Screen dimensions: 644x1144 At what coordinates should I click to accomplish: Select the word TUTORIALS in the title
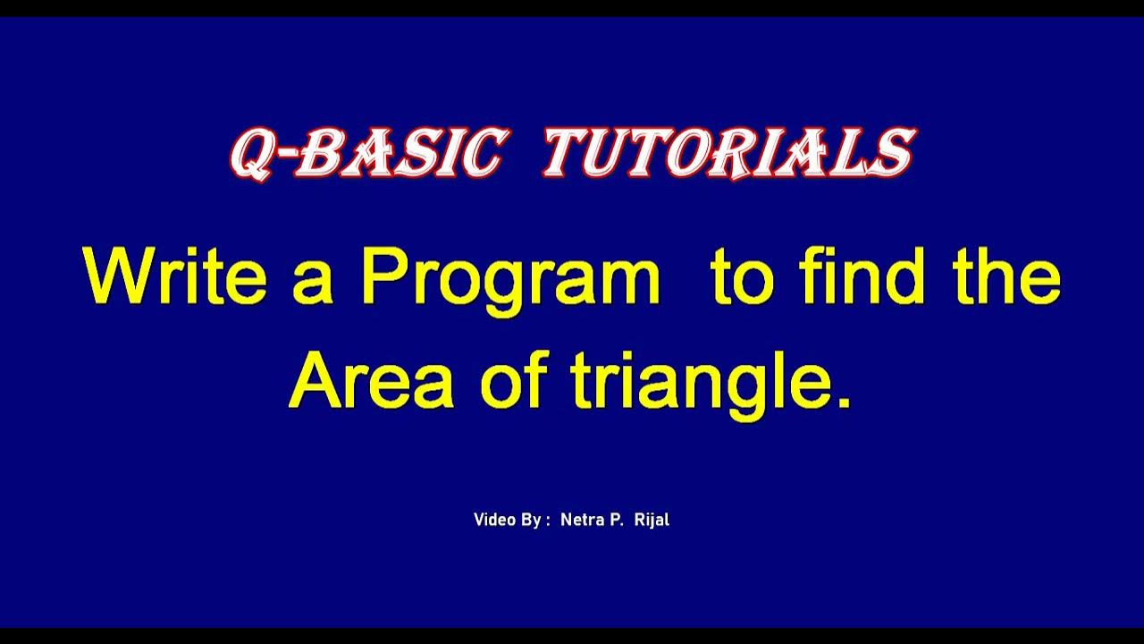[728, 153]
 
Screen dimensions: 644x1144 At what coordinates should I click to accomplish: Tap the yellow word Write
[175, 278]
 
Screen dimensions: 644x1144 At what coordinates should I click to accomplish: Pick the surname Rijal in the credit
[652, 521]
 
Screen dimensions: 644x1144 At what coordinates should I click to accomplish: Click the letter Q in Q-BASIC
[252, 155]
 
